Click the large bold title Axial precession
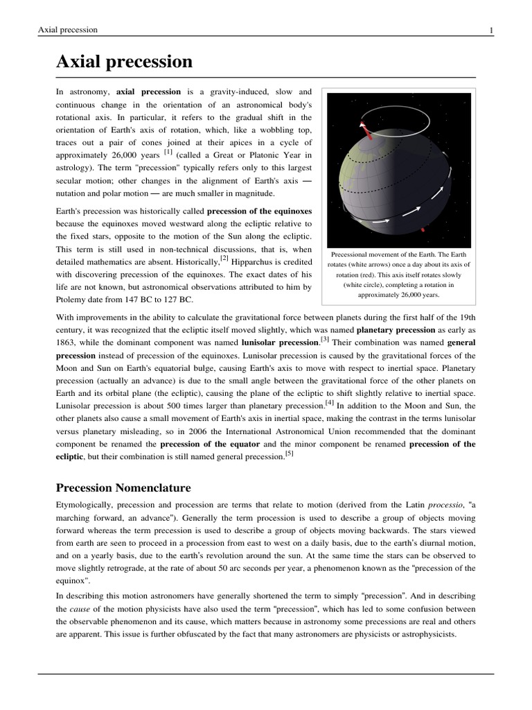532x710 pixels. coord(124,62)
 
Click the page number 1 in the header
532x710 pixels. coord(490,30)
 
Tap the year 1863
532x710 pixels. coord(67,343)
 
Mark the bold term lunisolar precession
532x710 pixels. coord(279,343)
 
